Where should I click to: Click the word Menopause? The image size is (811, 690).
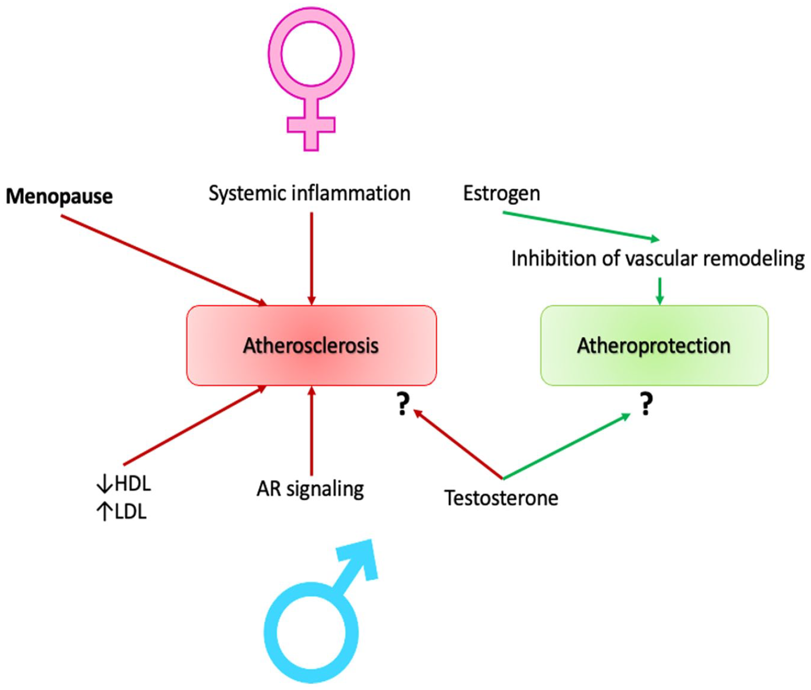[59, 196]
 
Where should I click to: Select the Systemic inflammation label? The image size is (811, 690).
[309, 194]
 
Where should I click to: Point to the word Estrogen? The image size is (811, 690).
[501, 194]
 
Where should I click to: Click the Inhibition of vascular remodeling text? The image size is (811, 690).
[658, 259]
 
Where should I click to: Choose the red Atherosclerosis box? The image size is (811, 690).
[311, 345]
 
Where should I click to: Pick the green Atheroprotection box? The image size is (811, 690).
[654, 345]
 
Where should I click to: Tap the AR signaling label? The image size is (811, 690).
[310, 488]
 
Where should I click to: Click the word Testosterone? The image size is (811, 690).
[501, 498]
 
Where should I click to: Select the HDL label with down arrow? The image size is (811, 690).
[124, 484]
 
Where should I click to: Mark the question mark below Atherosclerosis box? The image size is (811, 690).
[402, 404]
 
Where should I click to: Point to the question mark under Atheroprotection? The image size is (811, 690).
[646, 404]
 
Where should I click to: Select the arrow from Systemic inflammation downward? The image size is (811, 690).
[311, 258]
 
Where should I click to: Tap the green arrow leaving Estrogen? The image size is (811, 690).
[581, 226]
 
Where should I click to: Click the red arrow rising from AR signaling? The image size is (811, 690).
[311, 430]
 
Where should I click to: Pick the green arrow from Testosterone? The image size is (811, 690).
[566, 447]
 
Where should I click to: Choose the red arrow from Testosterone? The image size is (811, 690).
[458, 444]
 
